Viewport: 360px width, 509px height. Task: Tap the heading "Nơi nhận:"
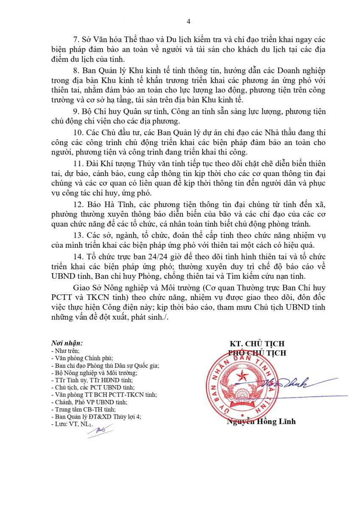67,343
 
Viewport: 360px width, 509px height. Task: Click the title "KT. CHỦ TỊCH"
257,344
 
